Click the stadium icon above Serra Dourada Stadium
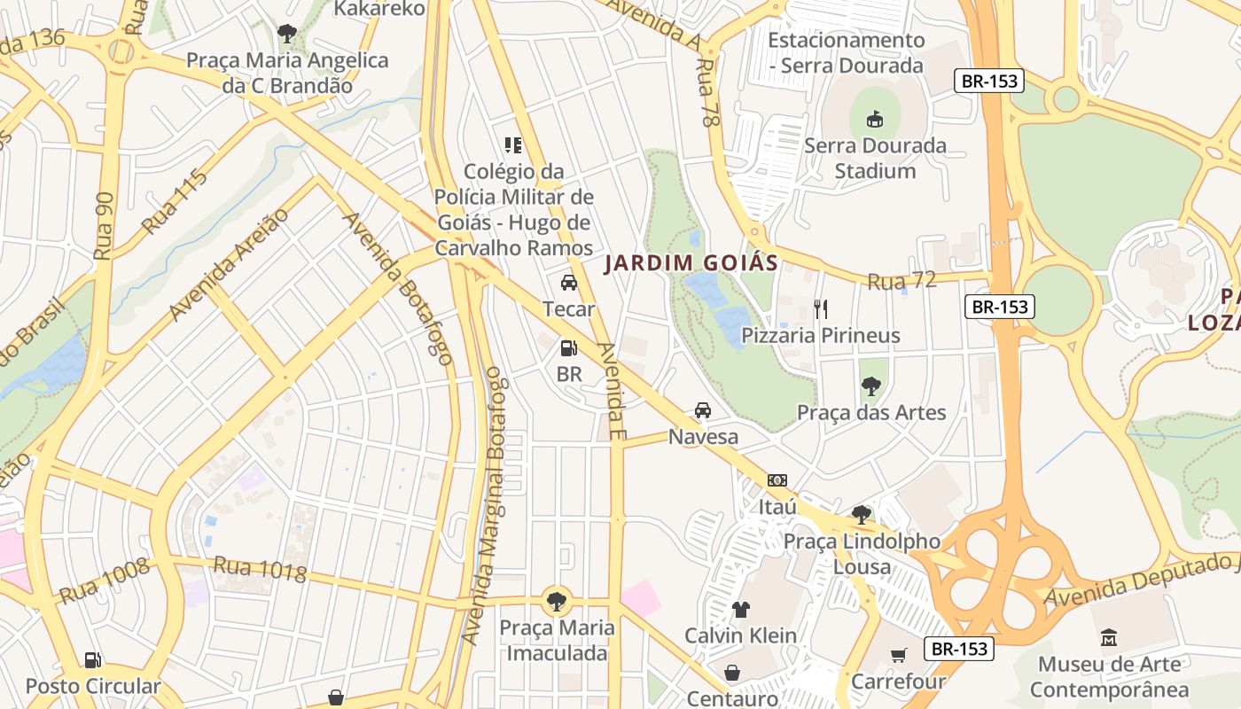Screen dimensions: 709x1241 (875, 119)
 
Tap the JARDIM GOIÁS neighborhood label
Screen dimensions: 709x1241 (691, 263)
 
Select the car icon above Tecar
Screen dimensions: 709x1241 (569, 283)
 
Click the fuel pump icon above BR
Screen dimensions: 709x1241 (569, 348)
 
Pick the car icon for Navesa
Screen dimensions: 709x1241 (703, 410)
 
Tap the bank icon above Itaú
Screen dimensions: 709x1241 (777, 480)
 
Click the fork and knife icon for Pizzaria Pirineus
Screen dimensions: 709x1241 (821, 308)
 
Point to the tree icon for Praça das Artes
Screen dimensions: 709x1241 (871, 386)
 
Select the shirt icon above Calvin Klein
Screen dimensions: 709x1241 (740, 609)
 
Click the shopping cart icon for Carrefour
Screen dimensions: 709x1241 (899, 655)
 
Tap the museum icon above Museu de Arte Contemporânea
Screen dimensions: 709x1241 (1109, 637)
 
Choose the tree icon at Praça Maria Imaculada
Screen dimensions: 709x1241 (557, 602)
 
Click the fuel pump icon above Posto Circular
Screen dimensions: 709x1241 (92, 659)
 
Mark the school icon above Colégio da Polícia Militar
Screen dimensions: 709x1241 (513, 144)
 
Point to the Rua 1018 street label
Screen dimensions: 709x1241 (260, 569)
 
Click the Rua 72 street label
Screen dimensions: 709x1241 (901, 281)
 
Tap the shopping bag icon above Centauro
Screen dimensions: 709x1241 (732, 673)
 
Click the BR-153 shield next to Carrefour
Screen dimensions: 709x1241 (959, 649)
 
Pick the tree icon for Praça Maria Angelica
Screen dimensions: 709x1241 (286, 34)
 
